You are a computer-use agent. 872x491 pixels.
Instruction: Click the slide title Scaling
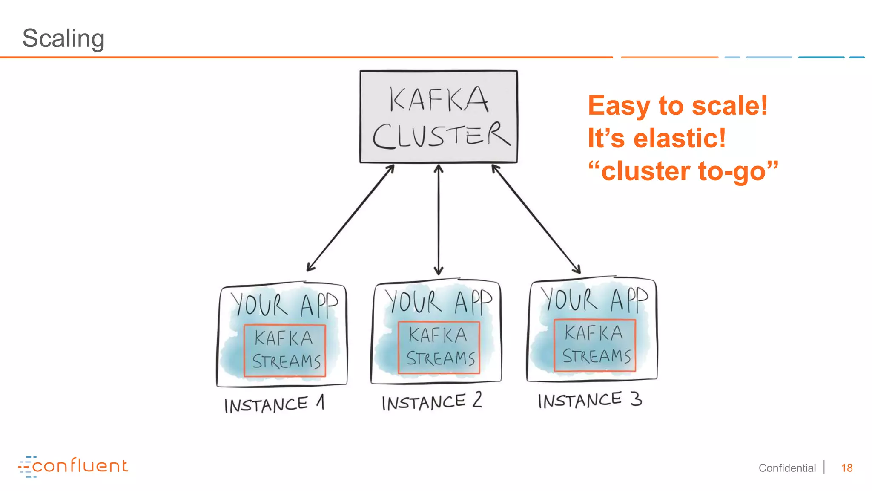[x=63, y=38]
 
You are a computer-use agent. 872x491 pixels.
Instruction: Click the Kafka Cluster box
[x=439, y=116]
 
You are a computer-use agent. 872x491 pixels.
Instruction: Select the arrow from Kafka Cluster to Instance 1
[x=350, y=218]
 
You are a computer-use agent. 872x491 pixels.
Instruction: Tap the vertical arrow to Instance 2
[x=439, y=220]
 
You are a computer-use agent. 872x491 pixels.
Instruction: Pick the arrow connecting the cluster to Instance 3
[x=536, y=219]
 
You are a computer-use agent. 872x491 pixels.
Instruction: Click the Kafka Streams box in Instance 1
[x=285, y=350]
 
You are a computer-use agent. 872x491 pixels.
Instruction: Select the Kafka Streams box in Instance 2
[x=439, y=347]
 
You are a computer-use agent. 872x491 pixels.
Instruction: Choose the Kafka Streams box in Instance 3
[x=595, y=345]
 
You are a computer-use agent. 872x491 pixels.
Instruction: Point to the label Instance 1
[x=274, y=404]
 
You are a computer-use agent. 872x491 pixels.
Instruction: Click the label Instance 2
[x=431, y=401]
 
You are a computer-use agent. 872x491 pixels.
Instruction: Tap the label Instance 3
[x=590, y=400]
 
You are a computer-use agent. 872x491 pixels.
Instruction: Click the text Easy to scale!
[x=677, y=105]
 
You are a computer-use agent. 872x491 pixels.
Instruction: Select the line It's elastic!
[x=657, y=138]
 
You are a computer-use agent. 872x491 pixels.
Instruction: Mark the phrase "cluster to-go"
[x=683, y=171]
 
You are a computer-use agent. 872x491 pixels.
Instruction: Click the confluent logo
[x=73, y=466]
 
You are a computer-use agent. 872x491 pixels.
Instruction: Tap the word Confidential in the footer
[x=787, y=468]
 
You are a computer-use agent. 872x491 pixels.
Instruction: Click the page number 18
[x=846, y=468]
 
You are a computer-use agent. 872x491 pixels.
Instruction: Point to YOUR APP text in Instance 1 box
[x=284, y=304]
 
